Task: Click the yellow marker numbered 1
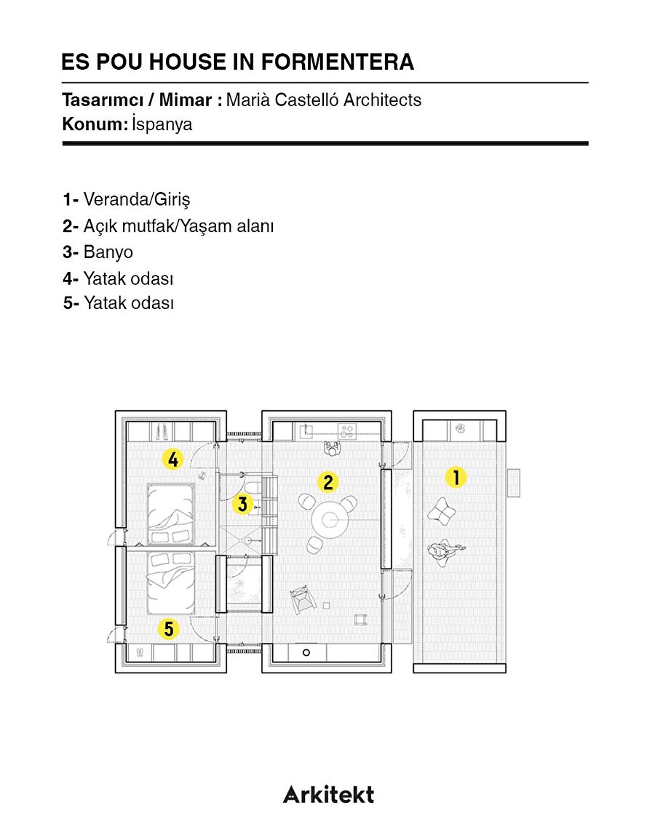pos(456,477)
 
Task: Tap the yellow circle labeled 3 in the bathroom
pos(242,504)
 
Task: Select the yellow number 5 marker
pos(169,629)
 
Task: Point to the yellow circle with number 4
pos(173,459)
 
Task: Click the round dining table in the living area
pos(330,520)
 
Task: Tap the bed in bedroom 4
pos(171,514)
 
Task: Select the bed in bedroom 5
pos(171,582)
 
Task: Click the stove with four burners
pos(347,431)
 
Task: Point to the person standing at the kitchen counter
pos(332,448)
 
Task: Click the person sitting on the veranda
pos(444,552)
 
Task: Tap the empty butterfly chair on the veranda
pos(441,511)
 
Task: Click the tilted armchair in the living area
pos(303,599)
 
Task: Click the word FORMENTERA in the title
pos(338,62)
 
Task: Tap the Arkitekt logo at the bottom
pos(328,794)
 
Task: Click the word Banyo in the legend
pos(108,252)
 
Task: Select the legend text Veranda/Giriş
pos(137,199)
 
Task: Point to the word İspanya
pos(162,124)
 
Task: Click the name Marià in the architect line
pos(248,100)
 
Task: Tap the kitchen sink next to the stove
pos(306,431)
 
